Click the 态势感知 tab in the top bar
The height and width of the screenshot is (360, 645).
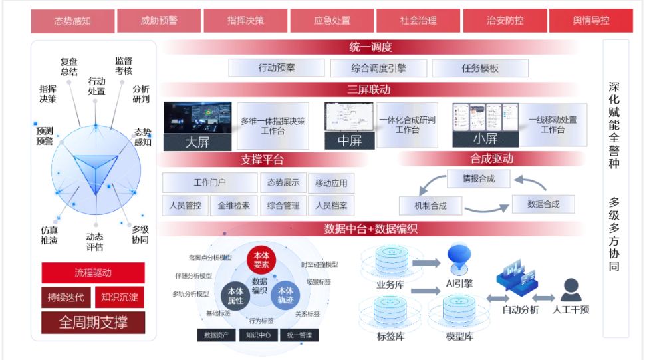pyautogui.click(x=72, y=21)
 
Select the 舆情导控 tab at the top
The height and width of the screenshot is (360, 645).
pyautogui.click(x=590, y=21)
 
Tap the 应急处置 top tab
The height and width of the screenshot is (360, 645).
pyautogui.click(x=332, y=21)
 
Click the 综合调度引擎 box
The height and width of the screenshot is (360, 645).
pyautogui.click(x=378, y=68)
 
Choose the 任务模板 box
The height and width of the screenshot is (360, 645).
pyautogui.click(x=480, y=68)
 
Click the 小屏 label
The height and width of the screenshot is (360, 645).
pyautogui.click(x=485, y=139)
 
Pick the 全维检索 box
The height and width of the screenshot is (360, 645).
pyautogui.click(x=233, y=206)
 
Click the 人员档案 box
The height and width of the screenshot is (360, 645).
pyautogui.click(x=331, y=206)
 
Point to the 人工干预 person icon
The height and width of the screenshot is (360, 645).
pyautogui.click(x=571, y=290)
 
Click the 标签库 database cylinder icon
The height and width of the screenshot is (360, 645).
pyautogui.click(x=386, y=312)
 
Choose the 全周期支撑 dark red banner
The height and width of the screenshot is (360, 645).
pyautogui.click(x=93, y=323)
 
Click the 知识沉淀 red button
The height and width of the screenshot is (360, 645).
pyautogui.click(x=120, y=297)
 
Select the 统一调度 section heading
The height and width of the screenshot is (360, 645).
pyautogui.click(x=370, y=47)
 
